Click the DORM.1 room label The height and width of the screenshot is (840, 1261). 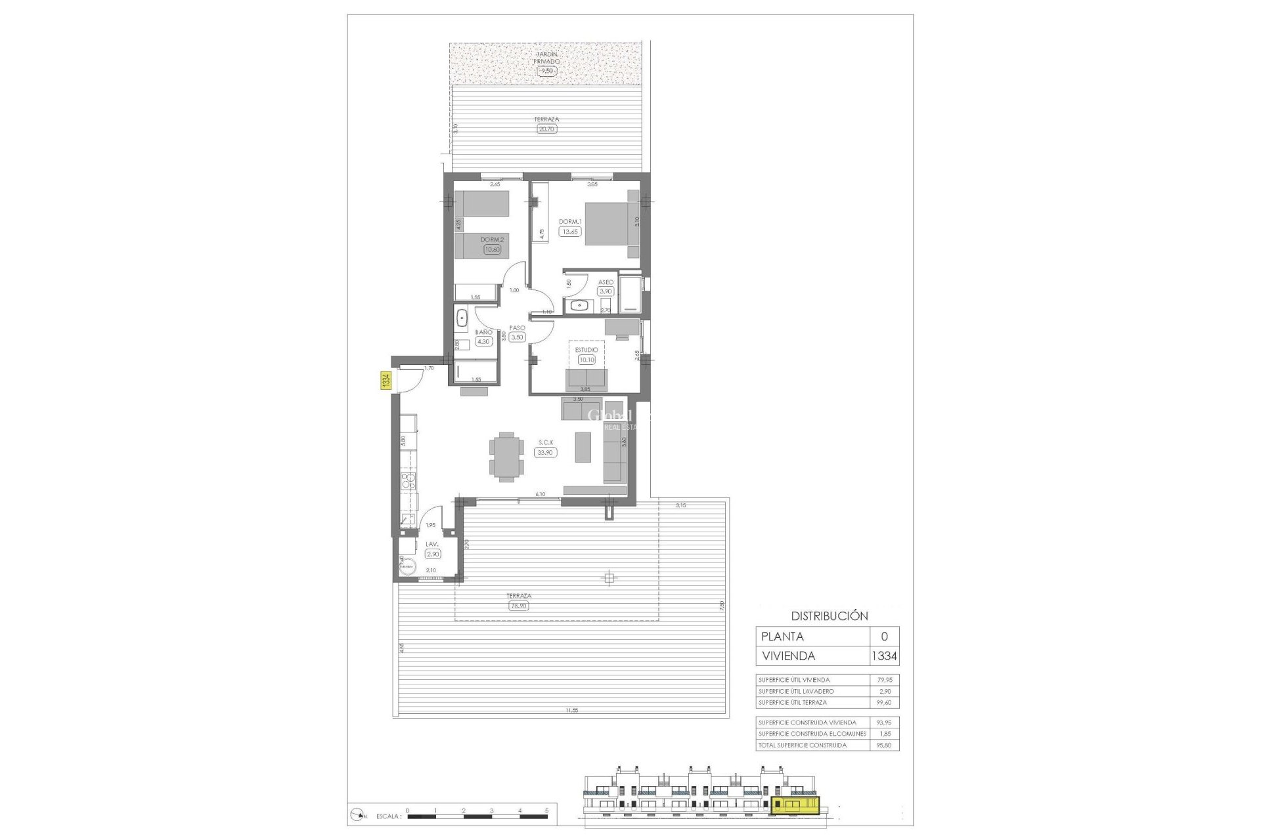pyautogui.click(x=570, y=222)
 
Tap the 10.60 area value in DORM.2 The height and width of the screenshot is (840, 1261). pyautogui.click(x=492, y=249)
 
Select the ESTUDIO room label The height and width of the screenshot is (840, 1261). pyautogui.click(x=586, y=350)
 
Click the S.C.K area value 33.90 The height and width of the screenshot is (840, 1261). pyautogui.click(x=545, y=452)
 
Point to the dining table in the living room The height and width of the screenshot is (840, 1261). pyautogui.click(x=506, y=457)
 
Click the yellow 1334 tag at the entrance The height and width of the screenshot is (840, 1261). pyautogui.click(x=386, y=381)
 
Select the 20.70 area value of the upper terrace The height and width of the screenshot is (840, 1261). pyautogui.click(x=546, y=129)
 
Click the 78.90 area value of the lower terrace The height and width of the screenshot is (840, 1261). pyautogui.click(x=518, y=606)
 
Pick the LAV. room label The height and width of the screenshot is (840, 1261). pyautogui.click(x=431, y=544)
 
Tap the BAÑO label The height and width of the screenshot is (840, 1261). pyautogui.click(x=483, y=332)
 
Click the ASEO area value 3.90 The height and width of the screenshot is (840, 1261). pyautogui.click(x=605, y=291)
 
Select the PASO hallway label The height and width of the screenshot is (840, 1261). pyautogui.click(x=517, y=328)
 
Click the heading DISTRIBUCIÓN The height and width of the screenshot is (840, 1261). pyautogui.click(x=829, y=616)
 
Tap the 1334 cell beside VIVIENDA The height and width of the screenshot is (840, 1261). pyautogui.click(x=884, y=656)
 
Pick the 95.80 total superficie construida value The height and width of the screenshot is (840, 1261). pyautogui.click(x=884, y=745)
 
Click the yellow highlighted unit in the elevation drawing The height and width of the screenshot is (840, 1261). pyautogui.click(x=796, y=805)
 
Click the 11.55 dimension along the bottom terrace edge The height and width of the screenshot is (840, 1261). pyautogui.click(x=571, y=711)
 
